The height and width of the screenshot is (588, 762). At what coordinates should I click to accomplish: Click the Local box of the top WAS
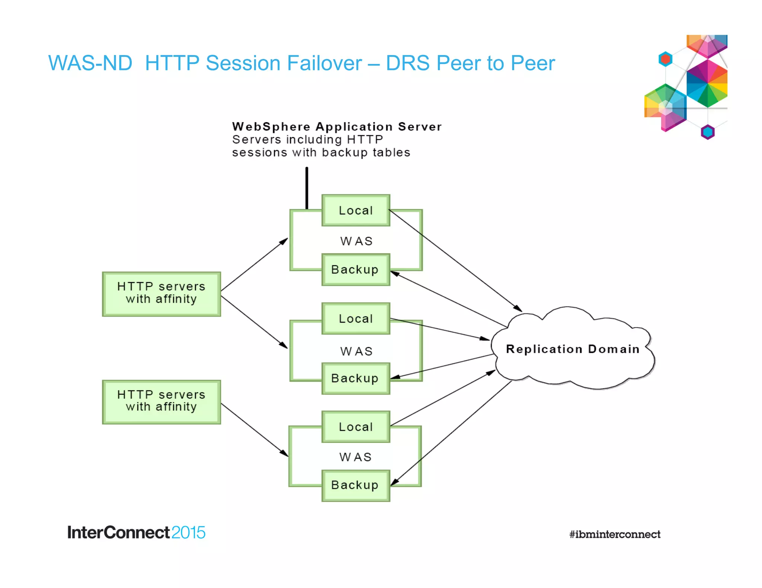(356, 210)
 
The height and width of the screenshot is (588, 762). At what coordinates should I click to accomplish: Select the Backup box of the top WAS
(356, 269)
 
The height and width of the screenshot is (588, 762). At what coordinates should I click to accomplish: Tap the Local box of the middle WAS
(356, 319)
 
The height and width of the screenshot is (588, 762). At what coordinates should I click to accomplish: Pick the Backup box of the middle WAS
(356, 378)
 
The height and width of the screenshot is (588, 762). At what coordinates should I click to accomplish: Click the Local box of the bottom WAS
(356, 427)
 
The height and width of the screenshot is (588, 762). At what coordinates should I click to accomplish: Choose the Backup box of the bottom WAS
(356, 485)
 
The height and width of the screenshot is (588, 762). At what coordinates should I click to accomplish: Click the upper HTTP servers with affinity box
(161, 294)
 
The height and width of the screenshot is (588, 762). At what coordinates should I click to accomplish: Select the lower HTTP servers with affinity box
(161, 401)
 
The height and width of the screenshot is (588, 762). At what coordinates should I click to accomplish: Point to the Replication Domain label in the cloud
(573, 349)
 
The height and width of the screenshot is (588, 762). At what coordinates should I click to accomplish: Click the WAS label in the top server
(356, 241)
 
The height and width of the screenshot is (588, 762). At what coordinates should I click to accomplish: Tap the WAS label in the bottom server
(356, 457)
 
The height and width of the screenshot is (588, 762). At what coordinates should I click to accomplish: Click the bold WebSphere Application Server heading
(337, 127)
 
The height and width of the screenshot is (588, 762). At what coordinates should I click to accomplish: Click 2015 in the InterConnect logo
(188, 533)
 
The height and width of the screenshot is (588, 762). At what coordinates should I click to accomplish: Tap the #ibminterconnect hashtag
(615, 534)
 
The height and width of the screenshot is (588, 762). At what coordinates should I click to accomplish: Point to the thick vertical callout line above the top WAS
(307, 188)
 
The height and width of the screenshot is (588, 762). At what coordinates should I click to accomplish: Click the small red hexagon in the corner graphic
(665, 59)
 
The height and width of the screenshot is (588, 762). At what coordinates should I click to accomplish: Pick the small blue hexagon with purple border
(708, 132)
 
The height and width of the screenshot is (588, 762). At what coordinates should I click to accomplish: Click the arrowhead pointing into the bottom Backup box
(394, 482)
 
